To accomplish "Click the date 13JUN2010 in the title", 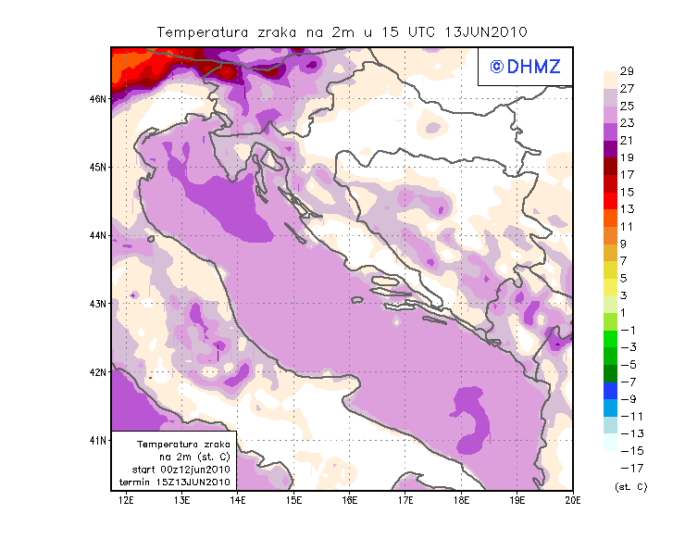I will [x=486, y=31].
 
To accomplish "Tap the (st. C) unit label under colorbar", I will [x=631, y=486].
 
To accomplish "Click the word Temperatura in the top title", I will [x=198, y=31].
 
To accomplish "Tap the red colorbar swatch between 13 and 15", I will [x=612, y=201].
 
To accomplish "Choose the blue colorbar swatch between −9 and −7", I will [x=612, y=391].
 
